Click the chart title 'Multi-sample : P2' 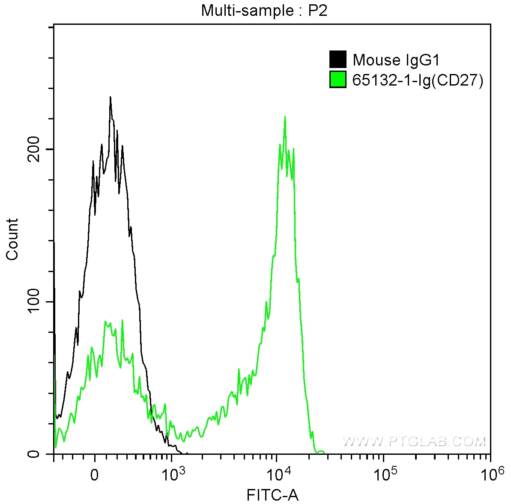point(264,11)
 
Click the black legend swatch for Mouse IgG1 point(338,59)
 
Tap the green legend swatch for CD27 point(338,80)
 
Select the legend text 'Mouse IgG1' point(396,60)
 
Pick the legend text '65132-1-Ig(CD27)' point(418,80)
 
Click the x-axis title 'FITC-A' point(272,495)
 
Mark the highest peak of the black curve point(110,97)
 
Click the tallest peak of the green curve point(285,116)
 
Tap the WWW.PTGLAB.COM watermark point(415,441)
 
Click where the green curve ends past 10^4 point(323,452)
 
